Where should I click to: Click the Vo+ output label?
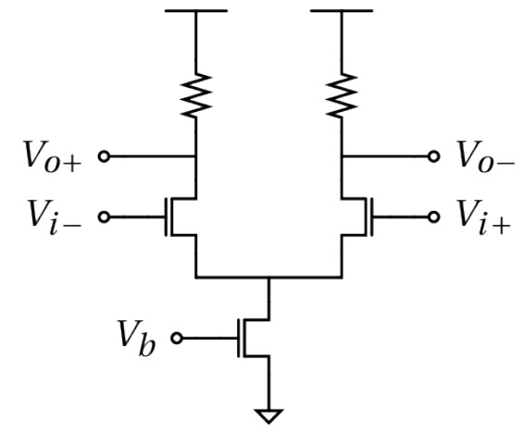pos(53,156)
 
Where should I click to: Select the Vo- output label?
pos(486,156)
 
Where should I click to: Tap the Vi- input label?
pos(55,217)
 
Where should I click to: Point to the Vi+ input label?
pos(484,217)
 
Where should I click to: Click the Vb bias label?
pos(136,339)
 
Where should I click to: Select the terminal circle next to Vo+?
pos(104,156)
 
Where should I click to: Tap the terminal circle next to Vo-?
pos(434,156)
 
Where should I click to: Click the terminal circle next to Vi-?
pos(104,217)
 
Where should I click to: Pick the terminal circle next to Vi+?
pos(434,217)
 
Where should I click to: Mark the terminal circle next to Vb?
pos(177,339)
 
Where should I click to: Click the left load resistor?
pos(196,95)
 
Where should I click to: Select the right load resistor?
pos(342,95)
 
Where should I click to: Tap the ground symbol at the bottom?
pos(268,416)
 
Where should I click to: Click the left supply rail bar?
pos(196,11)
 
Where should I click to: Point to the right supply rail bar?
pos(342,11)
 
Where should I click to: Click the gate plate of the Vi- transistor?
pos(166,217)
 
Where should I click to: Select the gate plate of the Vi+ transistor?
pos(371,217)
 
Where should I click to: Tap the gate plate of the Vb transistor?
pos(239,339)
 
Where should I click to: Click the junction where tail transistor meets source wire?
pos(268,277)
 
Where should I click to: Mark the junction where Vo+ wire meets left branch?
pos(196,156)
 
